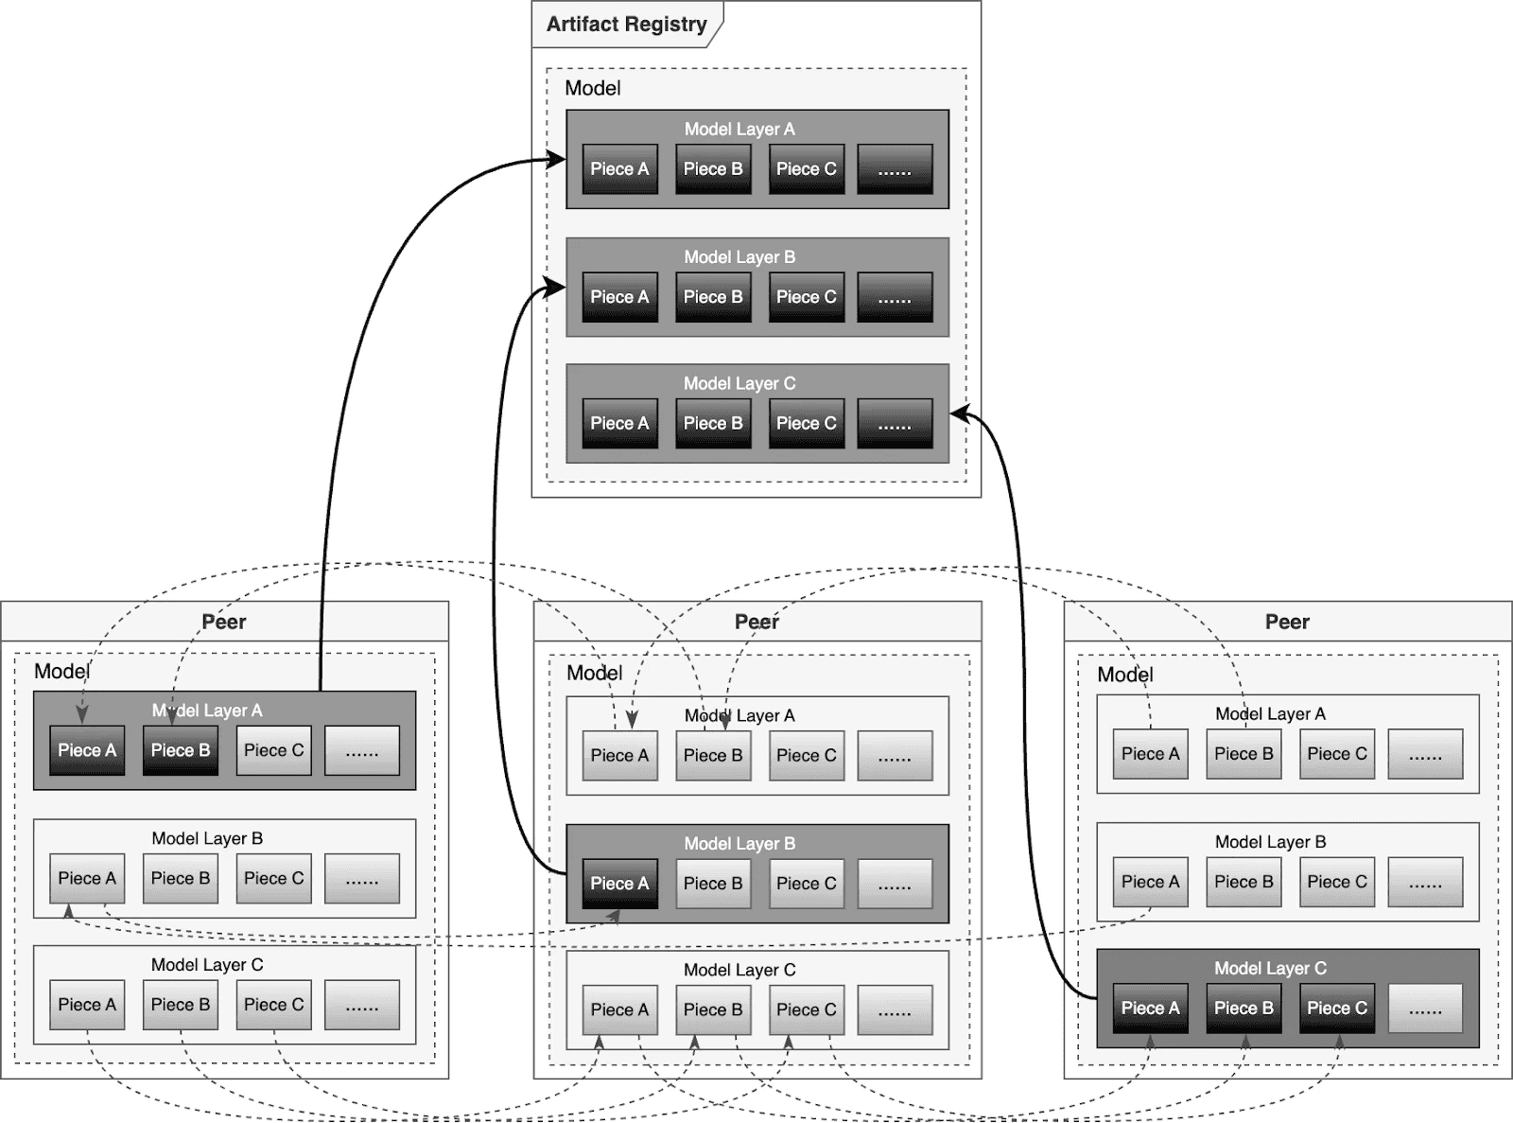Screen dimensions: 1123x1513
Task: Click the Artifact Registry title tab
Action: (x=626, y=25)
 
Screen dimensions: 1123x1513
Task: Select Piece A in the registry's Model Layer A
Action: (x=619, y=169)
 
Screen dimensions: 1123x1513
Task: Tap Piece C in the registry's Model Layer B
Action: (x=806, y=297)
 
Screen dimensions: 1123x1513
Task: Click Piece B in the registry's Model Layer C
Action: (x=713, y=424)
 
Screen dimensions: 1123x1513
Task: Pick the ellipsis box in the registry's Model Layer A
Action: (x=895, y=169)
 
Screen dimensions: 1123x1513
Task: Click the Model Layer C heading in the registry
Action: (x=739, y=383)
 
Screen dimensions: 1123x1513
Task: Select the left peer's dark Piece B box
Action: (x=180, y=750)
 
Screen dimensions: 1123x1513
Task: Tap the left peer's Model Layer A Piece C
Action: (x=273, y=750)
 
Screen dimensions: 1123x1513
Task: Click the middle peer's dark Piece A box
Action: (x=619, y=884)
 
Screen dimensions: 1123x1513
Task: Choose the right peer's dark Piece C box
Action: (x=1336, y=1009)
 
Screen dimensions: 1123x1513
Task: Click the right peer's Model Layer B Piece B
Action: (x=1243, y=882)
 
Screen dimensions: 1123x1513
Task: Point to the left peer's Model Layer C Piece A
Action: (x=87, y=1005)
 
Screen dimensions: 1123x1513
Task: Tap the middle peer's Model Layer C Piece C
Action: (x=806, y=1010)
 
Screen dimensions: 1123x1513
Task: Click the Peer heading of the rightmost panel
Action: (x=1287, y=622)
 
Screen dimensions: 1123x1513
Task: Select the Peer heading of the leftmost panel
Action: (x=224, y=622)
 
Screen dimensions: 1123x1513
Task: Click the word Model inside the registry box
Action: (x=593, y=88)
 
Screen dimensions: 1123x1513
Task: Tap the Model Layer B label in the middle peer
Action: (x=739, y=843)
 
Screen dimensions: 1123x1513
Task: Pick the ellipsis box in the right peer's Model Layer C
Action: (x=1425, y=1009)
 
